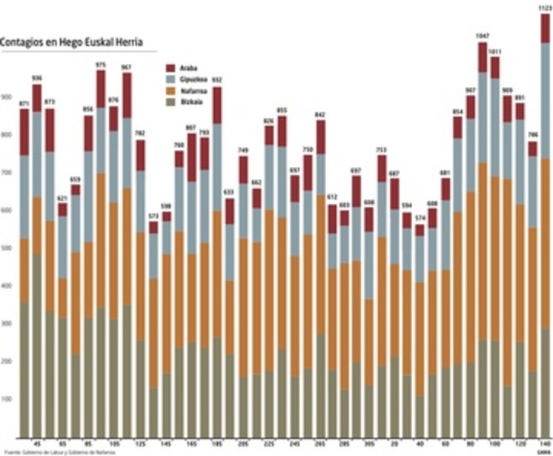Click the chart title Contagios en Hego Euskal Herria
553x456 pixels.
[x=72, y=43]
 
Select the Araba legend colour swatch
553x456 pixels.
[x=171, y=67]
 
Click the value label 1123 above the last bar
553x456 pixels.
[x=545, y=8]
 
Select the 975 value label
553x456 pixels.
[x=101, y=65]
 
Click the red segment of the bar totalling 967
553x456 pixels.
[x=126, y=95]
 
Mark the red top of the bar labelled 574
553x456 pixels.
[x=420, y=230]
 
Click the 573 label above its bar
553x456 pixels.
[x=153, y=216]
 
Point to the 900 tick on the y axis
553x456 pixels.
[x=6, y=97]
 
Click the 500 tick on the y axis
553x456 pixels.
[x=6, y=248]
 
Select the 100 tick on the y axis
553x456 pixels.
[x=6, y=399]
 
